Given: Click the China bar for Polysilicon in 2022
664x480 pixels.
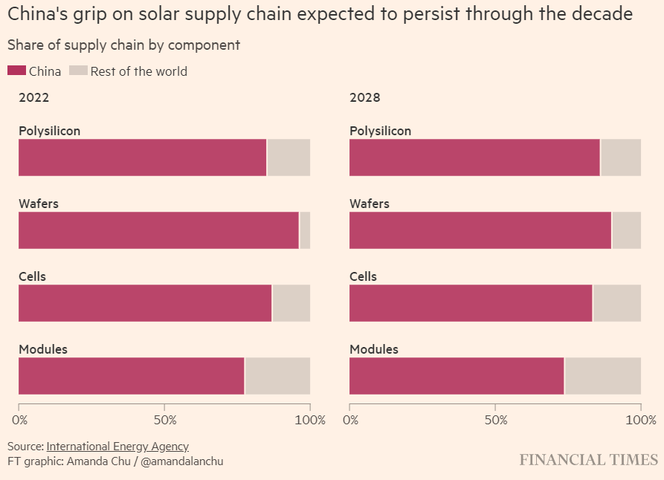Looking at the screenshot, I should tap(142, 158).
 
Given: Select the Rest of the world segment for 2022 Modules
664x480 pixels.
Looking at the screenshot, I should tap(277, 376).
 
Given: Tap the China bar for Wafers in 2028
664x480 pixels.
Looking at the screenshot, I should tap(480, 230).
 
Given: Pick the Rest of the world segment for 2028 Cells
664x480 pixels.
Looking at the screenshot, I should tap(616, 303).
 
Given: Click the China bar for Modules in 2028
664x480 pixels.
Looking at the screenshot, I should tap(456, 376).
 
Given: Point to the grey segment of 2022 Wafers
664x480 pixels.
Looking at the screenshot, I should tap(305, 230).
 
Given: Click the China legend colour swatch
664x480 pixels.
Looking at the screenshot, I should tap(16, 71).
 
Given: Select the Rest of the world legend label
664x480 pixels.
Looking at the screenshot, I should tap(139, 71).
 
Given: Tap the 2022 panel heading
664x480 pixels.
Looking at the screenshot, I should tap(33, 97).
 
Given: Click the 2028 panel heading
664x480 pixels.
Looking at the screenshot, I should tap(365, 97).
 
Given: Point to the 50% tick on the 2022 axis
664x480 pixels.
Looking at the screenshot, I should tap(165, 420).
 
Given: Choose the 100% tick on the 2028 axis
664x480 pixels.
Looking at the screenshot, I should tap(641, 420).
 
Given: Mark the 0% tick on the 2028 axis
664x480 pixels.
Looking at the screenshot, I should tap(350, 420).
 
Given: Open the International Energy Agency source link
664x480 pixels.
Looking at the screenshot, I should tap(117, 447).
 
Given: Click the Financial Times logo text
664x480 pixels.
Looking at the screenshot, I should tap(588, 460).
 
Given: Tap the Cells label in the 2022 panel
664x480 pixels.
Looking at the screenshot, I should tap(32, 276).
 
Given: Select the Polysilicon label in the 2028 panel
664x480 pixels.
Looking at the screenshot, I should tap(380, 131).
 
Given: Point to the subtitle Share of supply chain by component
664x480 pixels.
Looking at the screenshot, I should tap(123, 45).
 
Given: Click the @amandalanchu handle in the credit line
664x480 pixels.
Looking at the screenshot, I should tap(182, 461).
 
